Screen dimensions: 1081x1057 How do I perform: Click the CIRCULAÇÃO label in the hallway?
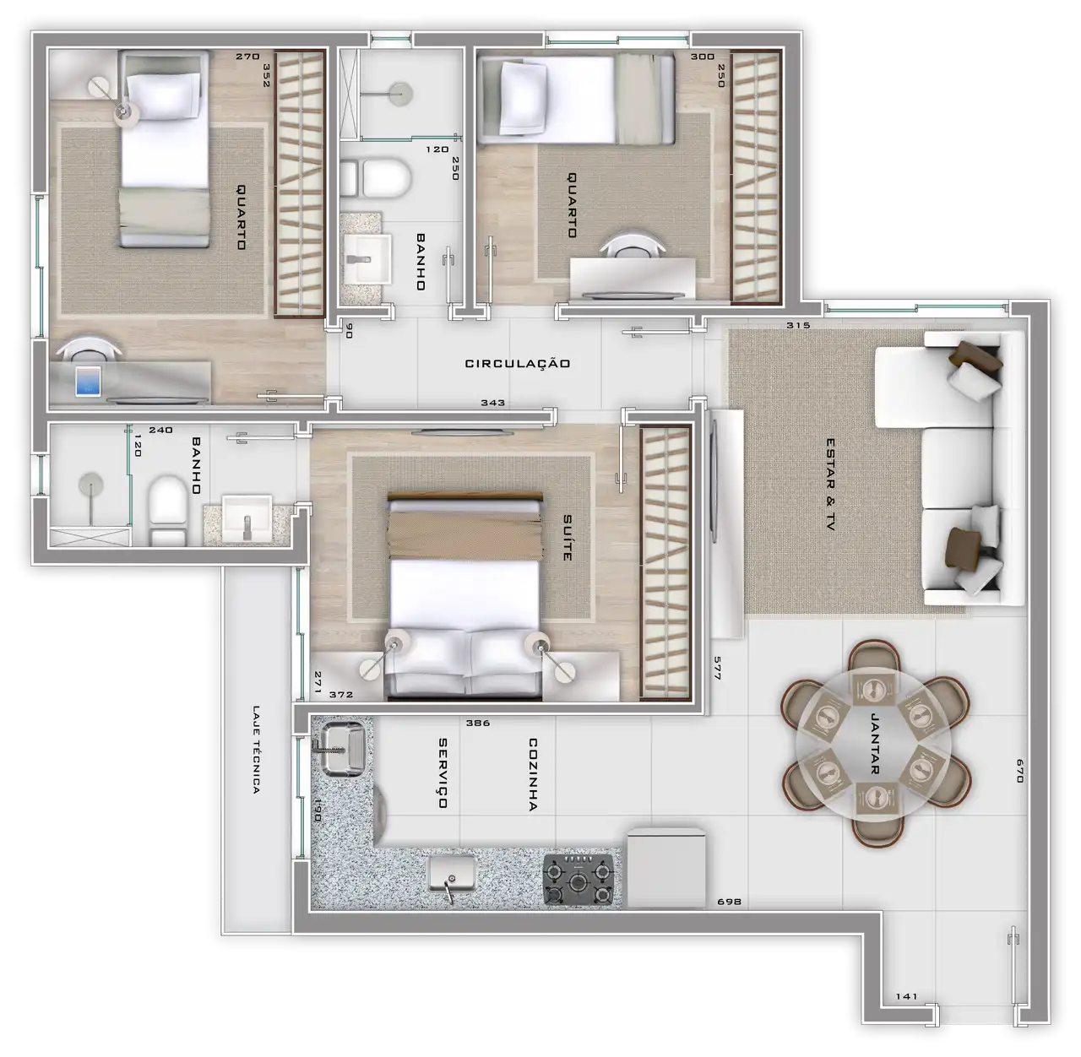click(x=517, y=364)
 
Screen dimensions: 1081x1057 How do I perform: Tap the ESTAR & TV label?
click(x=830, y=485)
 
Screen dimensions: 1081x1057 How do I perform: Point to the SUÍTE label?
click(x=568, y=537)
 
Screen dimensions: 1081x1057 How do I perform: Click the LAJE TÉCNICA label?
click(x=256, y=750)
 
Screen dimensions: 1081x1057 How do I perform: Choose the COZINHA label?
click(x=533, y=775)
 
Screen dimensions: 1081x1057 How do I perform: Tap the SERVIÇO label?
click(x=443, y=773)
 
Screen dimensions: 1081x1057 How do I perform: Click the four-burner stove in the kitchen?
click(x=579, y=879)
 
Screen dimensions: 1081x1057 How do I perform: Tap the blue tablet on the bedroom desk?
click(x=89, y=381)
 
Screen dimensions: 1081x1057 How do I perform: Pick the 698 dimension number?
click(x=729, y=902)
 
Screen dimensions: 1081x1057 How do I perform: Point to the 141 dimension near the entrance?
click(x=906, y=996)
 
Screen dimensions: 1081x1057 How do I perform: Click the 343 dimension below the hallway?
click(x=492, y=403)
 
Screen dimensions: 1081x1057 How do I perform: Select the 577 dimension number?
click(x=717, y=668)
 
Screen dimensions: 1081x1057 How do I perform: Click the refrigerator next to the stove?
click(x=666, y=869)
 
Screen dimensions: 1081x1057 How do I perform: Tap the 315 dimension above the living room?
click(x=798, y=326)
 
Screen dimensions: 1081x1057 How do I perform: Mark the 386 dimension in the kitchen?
click(x=478, y=724)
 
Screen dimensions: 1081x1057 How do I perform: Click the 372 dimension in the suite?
click(x=340, y=694)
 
